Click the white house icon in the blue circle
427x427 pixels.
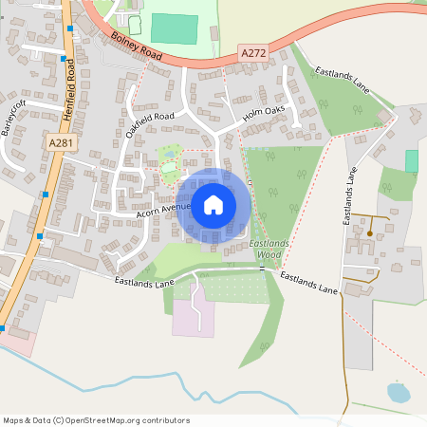pos(213,204)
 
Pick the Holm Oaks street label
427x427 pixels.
pos(264,114)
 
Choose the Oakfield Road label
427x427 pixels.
pos(151,124)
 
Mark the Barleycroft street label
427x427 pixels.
pos(13,115)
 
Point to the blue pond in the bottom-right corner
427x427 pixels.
pos(399,391)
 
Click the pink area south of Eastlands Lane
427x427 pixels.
pos(187,319)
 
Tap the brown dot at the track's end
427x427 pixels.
pos(369,232)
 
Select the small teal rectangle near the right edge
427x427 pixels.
pos(412,160)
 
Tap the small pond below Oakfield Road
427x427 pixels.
pos(171,152)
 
